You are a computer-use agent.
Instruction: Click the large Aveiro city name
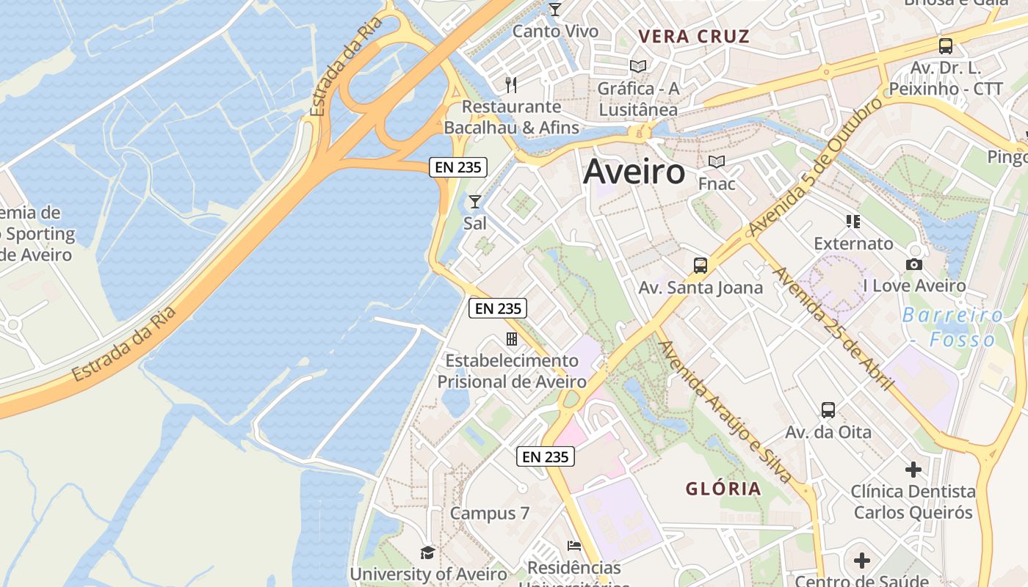pos(634,172)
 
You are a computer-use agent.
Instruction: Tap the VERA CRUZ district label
pos(694,37)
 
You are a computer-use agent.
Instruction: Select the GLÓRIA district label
pos(723,489)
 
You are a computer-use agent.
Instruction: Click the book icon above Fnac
pos(717,161)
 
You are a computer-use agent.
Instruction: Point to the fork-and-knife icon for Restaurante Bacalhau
pos(511,85)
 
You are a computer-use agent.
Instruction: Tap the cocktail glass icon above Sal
pos(475,201)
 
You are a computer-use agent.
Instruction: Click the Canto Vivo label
pos(555,32)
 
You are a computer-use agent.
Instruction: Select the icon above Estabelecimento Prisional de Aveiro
pos(512,339)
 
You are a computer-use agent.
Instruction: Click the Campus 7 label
pos(490,513)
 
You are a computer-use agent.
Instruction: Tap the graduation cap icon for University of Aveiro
pos(427,552)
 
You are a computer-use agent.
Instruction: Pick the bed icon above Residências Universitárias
pos(574,546)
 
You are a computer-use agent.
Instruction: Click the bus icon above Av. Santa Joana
pos(701,266)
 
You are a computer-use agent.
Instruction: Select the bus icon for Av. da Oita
pos(828,410)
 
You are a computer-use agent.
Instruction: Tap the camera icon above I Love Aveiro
pos(914,264)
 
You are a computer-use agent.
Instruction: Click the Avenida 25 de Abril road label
pos(833,328)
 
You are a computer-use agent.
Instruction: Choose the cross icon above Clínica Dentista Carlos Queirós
pos(913,470)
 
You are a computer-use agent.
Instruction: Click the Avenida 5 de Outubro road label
pos(815,167)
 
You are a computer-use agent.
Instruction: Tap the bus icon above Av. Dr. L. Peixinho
pos(946,46)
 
